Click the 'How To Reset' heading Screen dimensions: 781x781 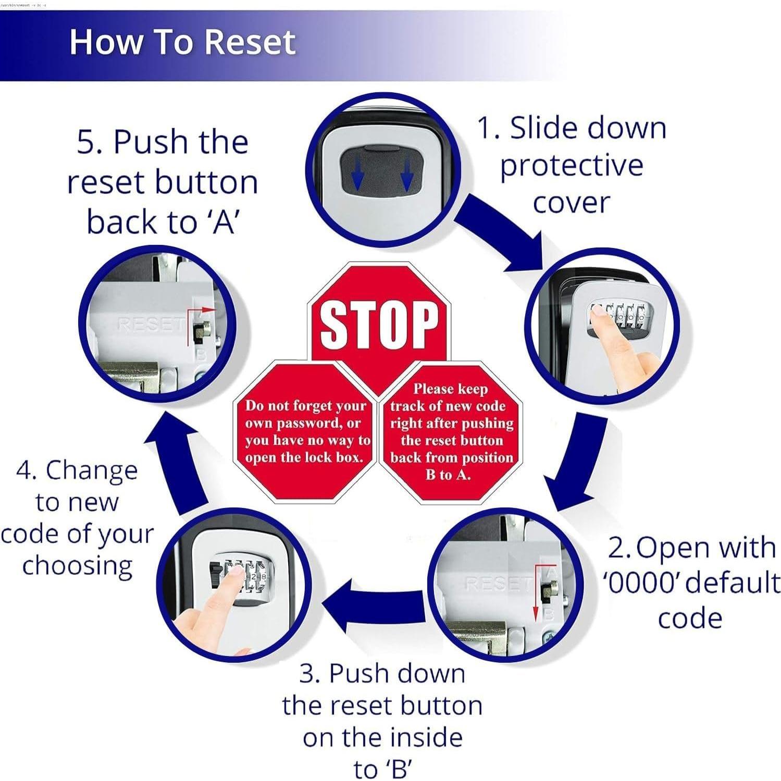click(x=182, y=42)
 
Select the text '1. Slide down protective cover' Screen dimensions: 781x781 click(x=572, y=165)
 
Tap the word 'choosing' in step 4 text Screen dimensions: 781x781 click(x=77, y=566)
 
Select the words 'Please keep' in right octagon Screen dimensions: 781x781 click(x=450, y=389)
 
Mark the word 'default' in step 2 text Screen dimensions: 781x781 click(x=729, y=582)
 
